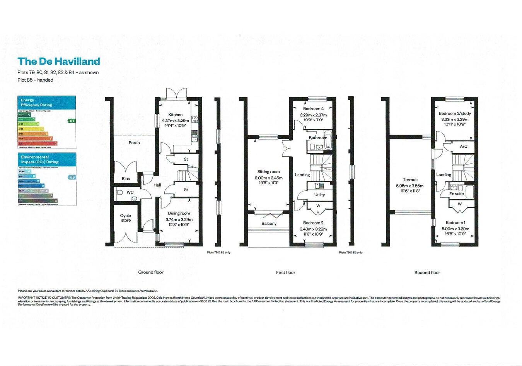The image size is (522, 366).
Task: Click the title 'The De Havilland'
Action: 59,62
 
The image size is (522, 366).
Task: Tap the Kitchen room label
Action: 175,115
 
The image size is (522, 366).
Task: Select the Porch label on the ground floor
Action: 134,143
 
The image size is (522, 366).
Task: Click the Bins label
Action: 126,179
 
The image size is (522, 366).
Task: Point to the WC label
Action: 130,192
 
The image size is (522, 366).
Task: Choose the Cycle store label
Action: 125,218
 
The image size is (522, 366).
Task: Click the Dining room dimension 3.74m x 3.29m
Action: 179,220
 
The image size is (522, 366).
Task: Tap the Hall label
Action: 157,185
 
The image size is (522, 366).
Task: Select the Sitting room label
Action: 268,172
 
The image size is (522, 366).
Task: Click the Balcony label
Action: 269,224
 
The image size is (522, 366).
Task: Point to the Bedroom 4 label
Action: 313,109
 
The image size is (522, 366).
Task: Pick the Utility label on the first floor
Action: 319,195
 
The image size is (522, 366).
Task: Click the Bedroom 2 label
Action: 313,223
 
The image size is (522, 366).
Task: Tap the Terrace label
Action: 410,180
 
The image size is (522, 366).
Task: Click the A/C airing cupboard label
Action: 464,147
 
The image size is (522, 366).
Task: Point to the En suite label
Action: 456,194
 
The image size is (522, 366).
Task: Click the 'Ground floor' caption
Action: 151,272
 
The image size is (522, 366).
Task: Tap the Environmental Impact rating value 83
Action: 72,177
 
